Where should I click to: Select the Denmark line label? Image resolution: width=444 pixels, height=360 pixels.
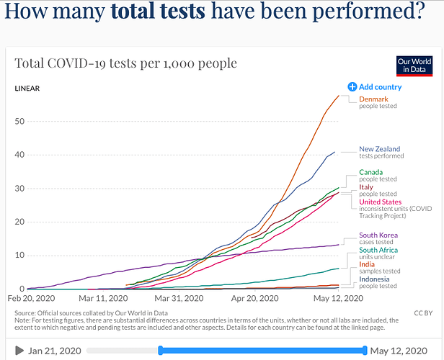[x=373, y=99]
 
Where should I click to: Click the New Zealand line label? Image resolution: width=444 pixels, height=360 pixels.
[x=379, y=149]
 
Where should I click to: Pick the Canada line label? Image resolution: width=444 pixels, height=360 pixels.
[x=372, y=172]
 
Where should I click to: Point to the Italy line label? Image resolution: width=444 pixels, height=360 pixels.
[x=366, y=187]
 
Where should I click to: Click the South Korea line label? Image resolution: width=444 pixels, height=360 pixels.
[x=378, y=235]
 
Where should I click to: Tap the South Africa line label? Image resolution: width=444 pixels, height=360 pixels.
[x=380, y=250]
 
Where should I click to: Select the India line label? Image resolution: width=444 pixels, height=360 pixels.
[x=367, y=265]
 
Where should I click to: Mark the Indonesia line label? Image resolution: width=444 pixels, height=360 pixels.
[x=376, y=279]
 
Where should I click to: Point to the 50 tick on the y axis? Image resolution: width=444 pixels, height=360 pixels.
[x=19, y=121]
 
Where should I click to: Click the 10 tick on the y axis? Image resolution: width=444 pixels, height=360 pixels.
[x=19, y=255]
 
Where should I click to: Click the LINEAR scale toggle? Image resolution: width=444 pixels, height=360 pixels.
[x=27, y=89]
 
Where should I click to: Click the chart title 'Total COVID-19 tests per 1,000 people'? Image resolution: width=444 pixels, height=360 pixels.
[x=126, y=63]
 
